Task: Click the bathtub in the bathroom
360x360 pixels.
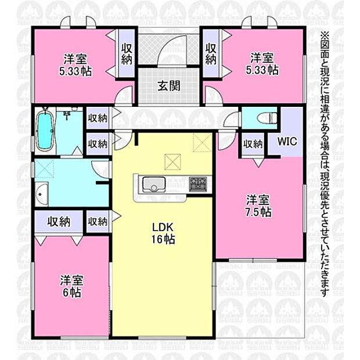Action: click(x=45, y=131)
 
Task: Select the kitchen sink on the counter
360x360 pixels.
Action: click(x=154, y=185)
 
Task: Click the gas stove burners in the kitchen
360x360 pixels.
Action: click(x=198, y=183)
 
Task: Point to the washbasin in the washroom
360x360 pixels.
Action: click(x=41, y=194)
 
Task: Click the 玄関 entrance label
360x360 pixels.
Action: click(x=169, y=86)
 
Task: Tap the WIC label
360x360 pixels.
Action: click(x=287, y=141)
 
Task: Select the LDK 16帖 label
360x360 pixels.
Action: click(x=163, y=233)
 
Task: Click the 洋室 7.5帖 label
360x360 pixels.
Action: click(x=258, y=206)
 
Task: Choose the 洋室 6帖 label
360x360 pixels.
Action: click(x=71, y=286)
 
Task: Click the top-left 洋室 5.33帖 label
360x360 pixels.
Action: click(x=75, y=65)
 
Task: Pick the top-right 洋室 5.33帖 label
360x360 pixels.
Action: click(x=262, y=64)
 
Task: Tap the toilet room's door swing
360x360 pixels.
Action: click(x=231, y=118)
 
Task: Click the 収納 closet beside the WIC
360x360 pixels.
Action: click(x=253, y=144)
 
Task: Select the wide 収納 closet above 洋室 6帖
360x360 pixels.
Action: click(x=59, y=222)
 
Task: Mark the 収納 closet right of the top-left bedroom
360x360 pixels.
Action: click(x=127, y=54)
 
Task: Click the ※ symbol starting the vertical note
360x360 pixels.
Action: click(x=325, y=35)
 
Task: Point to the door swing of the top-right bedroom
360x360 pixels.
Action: click(x=214, y=95)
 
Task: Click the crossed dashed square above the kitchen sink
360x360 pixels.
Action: click(x=172, y=161)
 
